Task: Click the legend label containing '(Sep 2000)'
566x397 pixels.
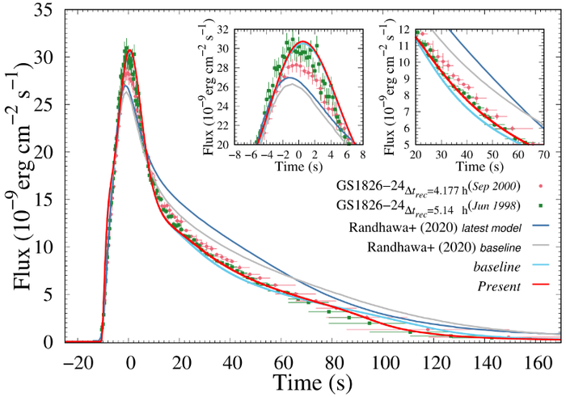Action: click(x=426, y=185)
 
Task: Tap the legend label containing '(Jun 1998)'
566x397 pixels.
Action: click(x=426, y=205)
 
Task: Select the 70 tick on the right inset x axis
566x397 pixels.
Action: click(x=542, y=154)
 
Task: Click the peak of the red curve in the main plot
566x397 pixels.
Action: click(x=129, y=50)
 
